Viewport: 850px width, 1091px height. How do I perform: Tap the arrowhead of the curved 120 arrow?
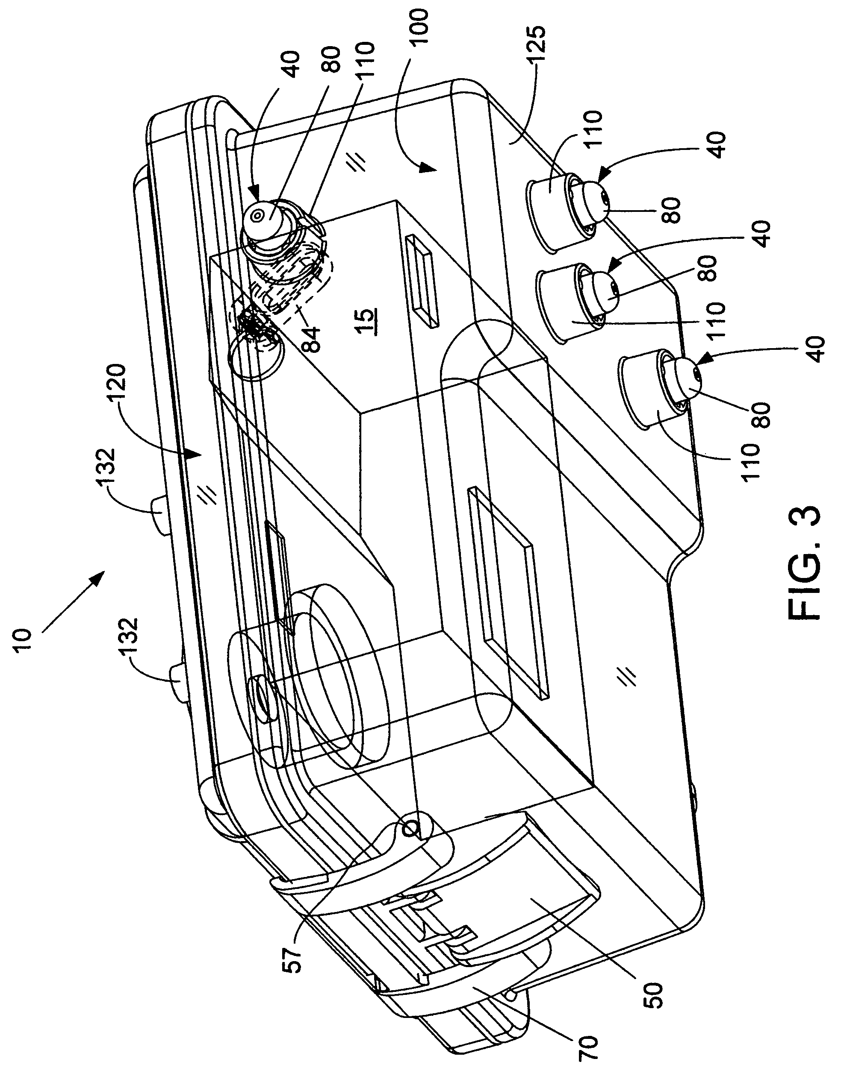click(x=195, y=454)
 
